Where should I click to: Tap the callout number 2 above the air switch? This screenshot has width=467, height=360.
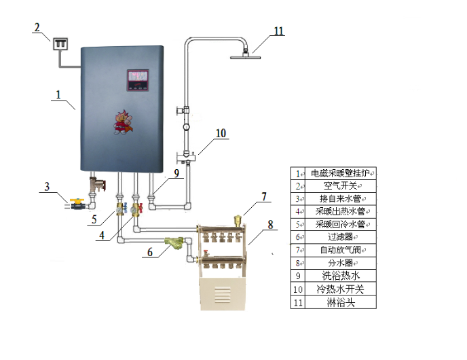tap(37, 27)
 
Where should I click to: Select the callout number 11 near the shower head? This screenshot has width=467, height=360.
tap(278, 31)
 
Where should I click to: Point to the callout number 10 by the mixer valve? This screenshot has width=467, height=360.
tap(221, 134)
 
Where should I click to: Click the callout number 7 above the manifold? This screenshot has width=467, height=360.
tap(265, 197)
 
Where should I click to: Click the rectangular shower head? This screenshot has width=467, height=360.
tap(246, 56)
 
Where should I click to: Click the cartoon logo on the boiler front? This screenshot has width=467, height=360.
tap(124, 124)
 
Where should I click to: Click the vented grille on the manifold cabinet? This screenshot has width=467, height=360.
tap(222, 296)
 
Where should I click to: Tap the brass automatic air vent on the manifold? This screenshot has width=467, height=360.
tap(238, 220)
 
